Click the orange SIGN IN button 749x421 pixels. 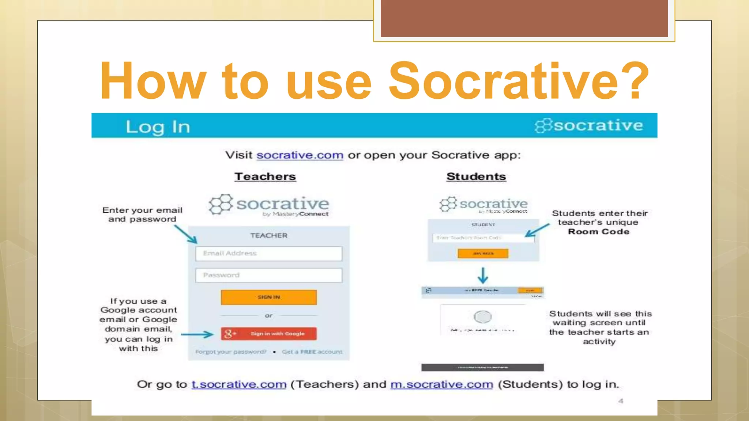click(269, 297)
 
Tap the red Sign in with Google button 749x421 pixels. click(269, 333)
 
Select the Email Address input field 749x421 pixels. click(269, 253)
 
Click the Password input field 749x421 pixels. click(269, 275)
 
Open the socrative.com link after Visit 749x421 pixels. click(300, 155)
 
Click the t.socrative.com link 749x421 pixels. click(239, 384)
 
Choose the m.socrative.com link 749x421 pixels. click(442, 384)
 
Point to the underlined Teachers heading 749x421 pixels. click(265, 177)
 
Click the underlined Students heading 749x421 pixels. click(476, 177)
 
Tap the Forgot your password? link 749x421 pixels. click(231, 352)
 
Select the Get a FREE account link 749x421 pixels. click(312, 352)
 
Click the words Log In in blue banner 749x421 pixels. click(158, 127)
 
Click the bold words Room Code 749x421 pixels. click(599, 232)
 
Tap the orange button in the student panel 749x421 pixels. click(483, 253)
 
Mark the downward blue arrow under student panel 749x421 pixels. click(483, 276)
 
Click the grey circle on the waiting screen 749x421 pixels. click(483, 316)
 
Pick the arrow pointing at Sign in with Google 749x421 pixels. click(197, 334)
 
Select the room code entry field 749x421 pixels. click(483, 238)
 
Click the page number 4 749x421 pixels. click(621, 401)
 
